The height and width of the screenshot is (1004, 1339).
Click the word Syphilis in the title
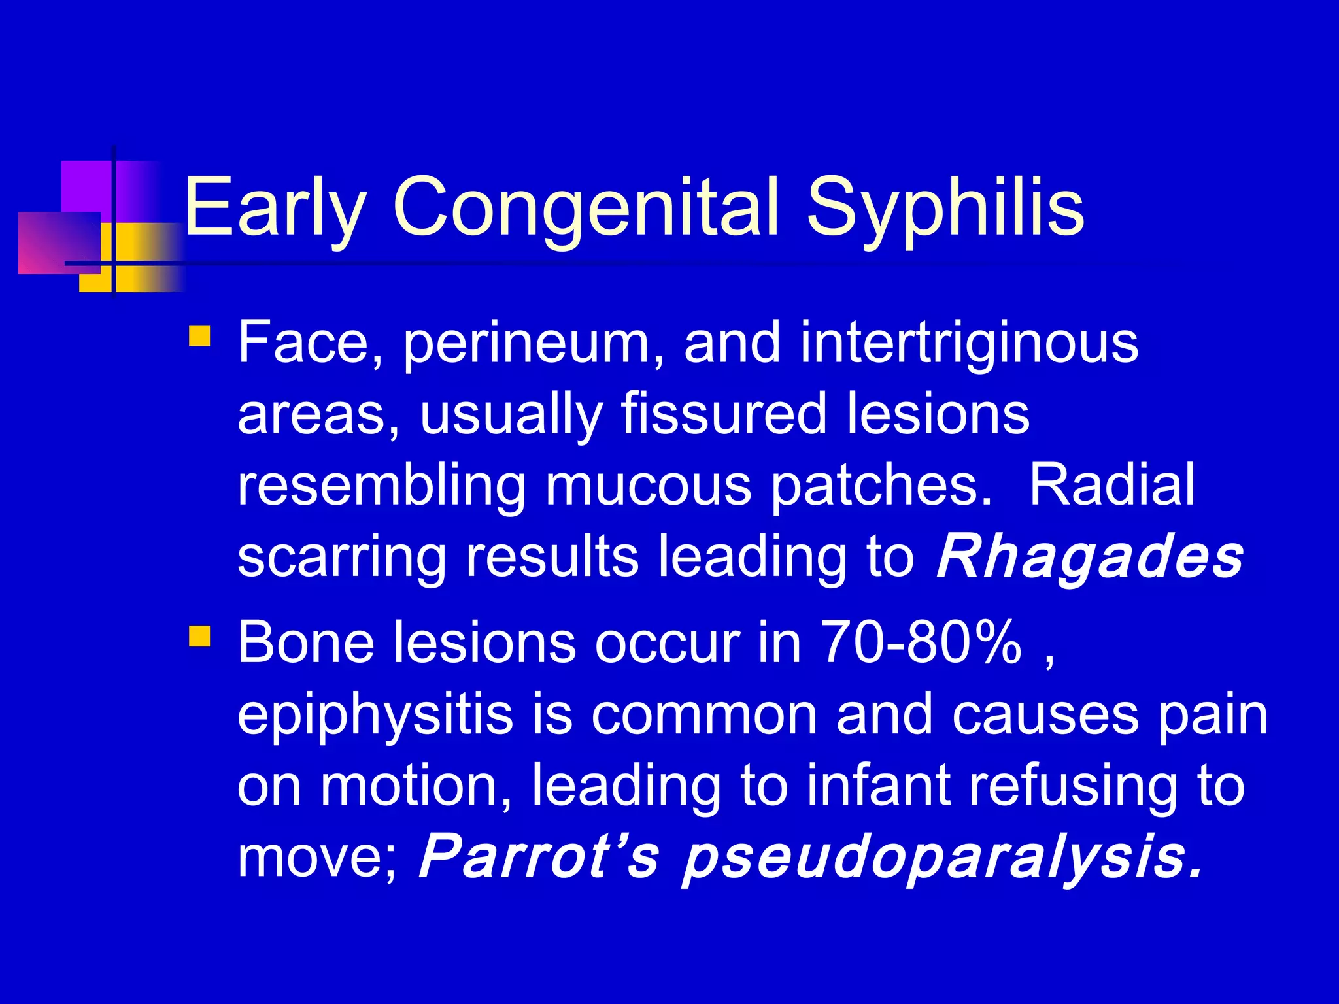pyautogui.click(x=945, y=208)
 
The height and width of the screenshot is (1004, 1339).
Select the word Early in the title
pyautogui.click(x=275, y=208)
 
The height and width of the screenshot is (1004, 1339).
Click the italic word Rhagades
pyautogui.click(x=1089, y=557)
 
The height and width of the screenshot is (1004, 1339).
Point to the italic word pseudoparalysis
pyautogui.click(x=941, y=858)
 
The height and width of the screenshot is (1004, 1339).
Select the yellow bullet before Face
pyautogui.click(x=199, y=336)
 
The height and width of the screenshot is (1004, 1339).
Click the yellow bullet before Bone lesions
pyautogui.click(x=199, y=636)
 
